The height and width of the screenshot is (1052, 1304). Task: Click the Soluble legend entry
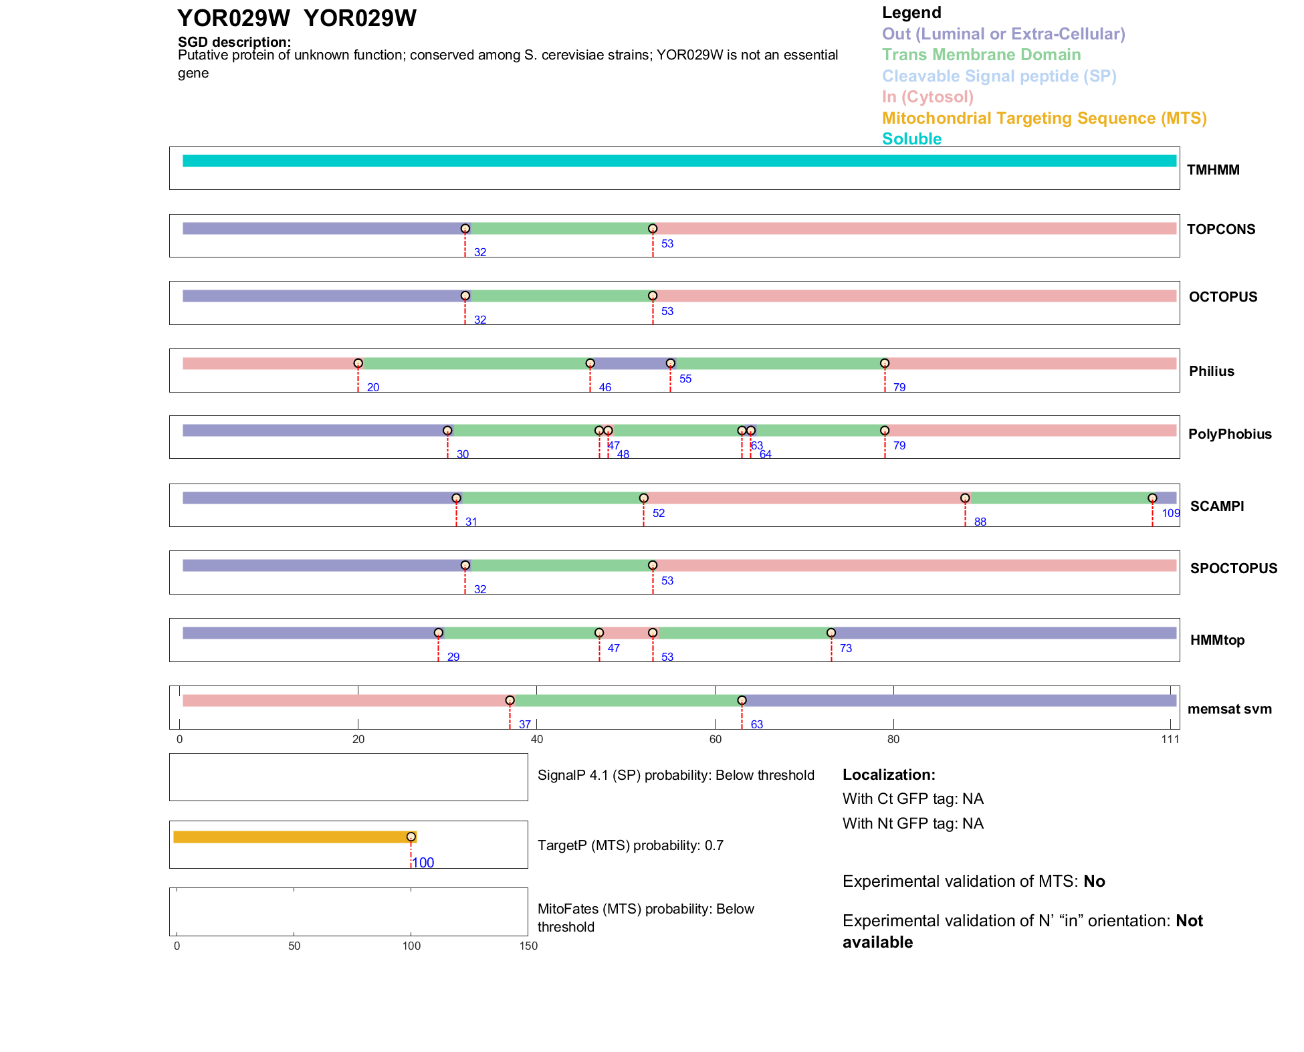pyautogui.click(x=911, y=139)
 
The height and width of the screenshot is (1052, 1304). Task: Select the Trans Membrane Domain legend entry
pyautogui.click(x=981, y=55)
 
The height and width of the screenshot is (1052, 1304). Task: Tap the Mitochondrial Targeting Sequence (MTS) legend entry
pyautogui.click(x=1044, y=118)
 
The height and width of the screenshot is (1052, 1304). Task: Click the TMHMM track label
pyautogui.click(x=1213, y=170)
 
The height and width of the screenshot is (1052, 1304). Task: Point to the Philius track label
pyautogui.click(x=1211, y=371)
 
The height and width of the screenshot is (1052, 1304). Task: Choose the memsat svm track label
pyautogui.click(x=1229, y=709)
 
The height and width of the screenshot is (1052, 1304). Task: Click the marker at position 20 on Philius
pyautogui.click(x=358, y=363)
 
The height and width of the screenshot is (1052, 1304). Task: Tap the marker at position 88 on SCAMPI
pyautogui.click(x=965, y=498)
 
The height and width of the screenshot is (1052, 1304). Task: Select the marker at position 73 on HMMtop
pyautogui.click(x=831, y=633)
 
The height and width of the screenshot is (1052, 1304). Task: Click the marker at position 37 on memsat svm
pyautogui.click(x=510, y=700)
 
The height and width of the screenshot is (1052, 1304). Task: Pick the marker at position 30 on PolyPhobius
pyautogui.click(x=447, y=431)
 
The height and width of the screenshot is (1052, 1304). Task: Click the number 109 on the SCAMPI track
pyautogui.click(x=1171, y=513)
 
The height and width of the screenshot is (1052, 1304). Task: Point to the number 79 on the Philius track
pyautogui.click(x=899, y=388)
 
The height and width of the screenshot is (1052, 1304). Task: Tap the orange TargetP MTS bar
pyautogui.click(x=294, y=837)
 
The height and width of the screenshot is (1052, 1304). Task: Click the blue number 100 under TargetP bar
pyautogui.click(x=423, y=863)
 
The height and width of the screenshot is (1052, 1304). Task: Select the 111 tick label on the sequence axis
pyautogui.click(x=1170, y=739)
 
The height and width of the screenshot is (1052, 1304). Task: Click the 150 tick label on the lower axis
pyautogui.click(x=528, y=946)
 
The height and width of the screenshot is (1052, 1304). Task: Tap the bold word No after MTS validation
pyautogui.click(x=1094, y=881)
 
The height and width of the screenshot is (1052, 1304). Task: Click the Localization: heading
pyautogui.click(x=889, y=775)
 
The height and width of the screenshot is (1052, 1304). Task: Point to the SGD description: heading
pyautogui.click(x=234, y=42)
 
